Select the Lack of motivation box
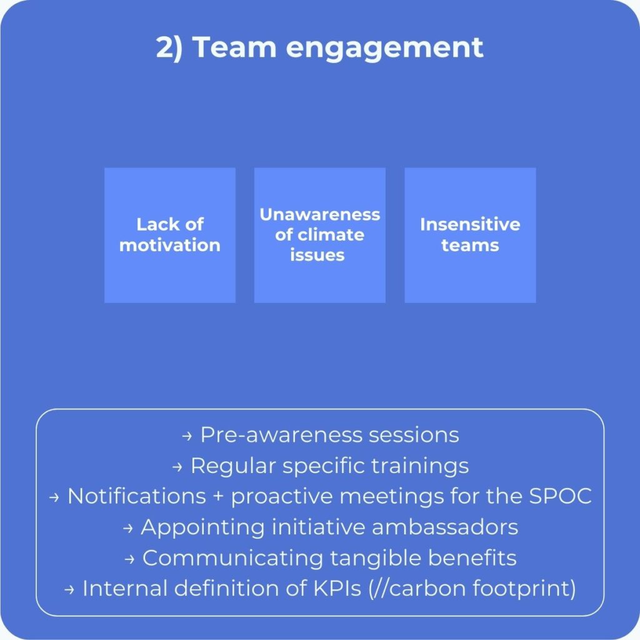170,235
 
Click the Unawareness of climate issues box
320,235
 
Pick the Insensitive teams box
470,235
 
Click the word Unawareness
320,214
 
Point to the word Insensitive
470,224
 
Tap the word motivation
170,245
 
